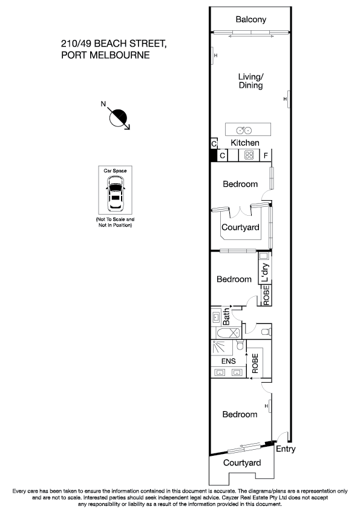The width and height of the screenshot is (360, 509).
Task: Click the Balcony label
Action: click(x=250, y=20)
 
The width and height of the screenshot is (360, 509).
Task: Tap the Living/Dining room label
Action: click(x=250, y=81)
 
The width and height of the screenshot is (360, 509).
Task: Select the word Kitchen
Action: click(x=245, y=143)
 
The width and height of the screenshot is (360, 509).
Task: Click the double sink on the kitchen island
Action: click(x=244, y=130)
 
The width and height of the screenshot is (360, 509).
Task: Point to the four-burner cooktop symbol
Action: click(x=249, y=155)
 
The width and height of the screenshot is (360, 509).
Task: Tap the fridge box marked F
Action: click(x=265, y=155)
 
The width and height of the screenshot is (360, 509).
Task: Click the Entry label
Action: click(x=286, y=449)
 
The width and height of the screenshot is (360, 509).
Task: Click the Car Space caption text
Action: click(x=115, y=171)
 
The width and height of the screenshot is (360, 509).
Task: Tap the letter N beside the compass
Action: click(x=103, y=104)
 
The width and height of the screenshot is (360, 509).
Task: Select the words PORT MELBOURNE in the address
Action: click(x=105, y=55)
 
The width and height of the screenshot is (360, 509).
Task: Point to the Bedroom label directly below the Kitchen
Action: click(x=240, y=184)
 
